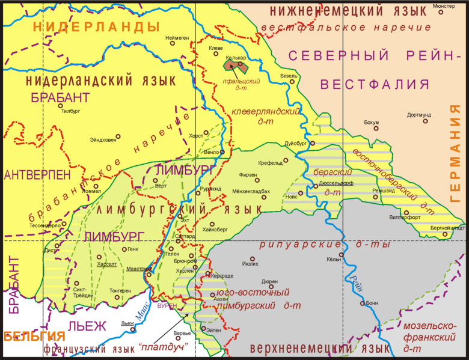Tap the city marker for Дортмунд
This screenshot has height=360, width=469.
point(426,121)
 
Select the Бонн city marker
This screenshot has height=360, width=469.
point(363,304)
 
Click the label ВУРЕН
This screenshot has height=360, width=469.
point(167,305)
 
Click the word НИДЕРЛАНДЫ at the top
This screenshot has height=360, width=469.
point(97,26)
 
